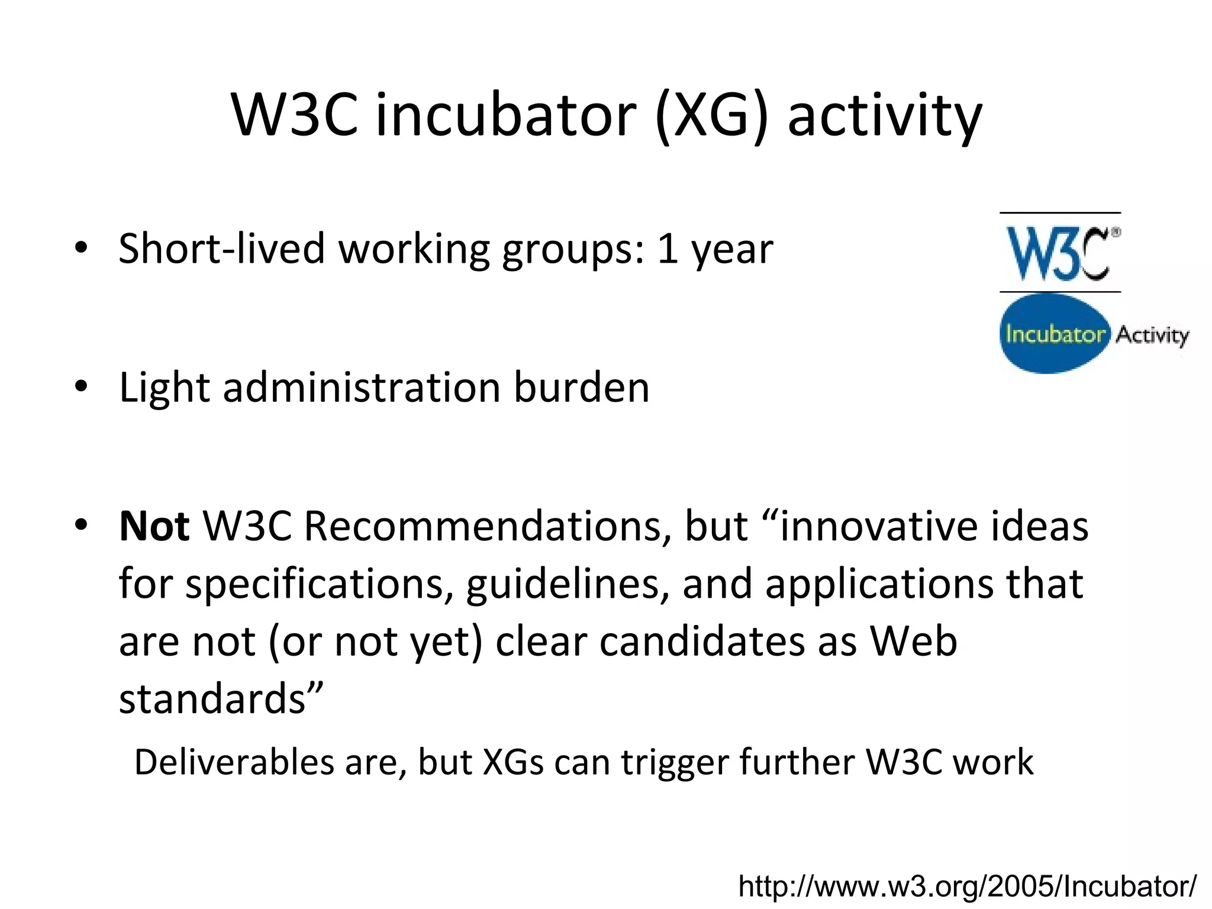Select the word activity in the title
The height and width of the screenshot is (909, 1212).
[x=884, y=117]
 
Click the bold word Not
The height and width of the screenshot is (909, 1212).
[x=154, y=526]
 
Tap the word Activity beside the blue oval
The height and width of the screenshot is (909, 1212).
[x=1152, y=336]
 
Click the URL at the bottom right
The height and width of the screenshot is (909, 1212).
[x=967, y=886]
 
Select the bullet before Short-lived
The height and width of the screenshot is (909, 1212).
[x=81, y=247]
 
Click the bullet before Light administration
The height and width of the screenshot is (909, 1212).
[x=81, y=386]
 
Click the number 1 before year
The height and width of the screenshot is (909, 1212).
[x=667, y=249]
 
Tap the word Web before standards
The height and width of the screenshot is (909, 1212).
[x=913, y=642]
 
